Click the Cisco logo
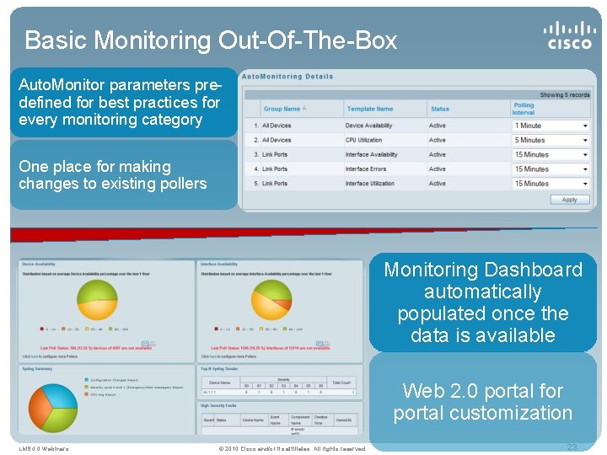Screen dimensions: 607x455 (x=569, y=35)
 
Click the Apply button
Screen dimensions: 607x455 (x=569, y=200)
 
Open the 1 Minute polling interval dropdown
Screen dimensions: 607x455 (x=551, y=126)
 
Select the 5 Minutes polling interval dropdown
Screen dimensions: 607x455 (x=551, y=140)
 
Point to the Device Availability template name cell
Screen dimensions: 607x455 (x=368, y=126)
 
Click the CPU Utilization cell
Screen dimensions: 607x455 (x=363, y=140)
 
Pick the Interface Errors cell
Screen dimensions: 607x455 (x=365, y=169)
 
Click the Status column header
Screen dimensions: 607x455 (x=440, y=109)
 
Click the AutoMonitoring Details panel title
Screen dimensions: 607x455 (x=287, y=77)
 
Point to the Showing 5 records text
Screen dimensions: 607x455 (x=564, y=95)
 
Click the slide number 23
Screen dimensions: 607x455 (x=572, y=447)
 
